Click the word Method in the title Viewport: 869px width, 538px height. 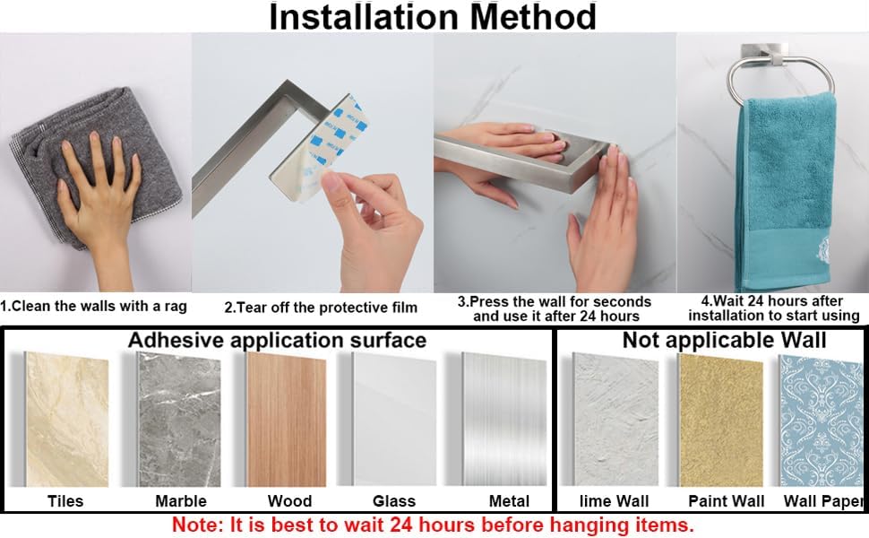[x=532, y=17]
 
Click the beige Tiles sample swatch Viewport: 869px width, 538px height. [x=67, y=420]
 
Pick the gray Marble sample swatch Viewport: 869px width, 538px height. [x=179, y=420]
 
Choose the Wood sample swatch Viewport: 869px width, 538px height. [x=287, y=420]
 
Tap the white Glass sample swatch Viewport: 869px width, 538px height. [x=394, y=420]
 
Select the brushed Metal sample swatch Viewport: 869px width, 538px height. [x=504, y=420]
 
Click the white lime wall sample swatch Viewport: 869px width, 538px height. [x=615, y=420]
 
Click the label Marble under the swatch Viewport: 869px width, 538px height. [x=181, y=501]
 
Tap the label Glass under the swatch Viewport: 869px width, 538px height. [x=394, y=501]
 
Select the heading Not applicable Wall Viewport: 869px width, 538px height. [x=725, y=340]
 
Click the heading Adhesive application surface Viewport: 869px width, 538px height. [x=277, y=340]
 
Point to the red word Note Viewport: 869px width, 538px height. [x=196, y=525]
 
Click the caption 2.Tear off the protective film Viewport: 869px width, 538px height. [x=321, y=308]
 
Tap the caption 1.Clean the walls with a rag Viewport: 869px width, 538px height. [x=94, y=306]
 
